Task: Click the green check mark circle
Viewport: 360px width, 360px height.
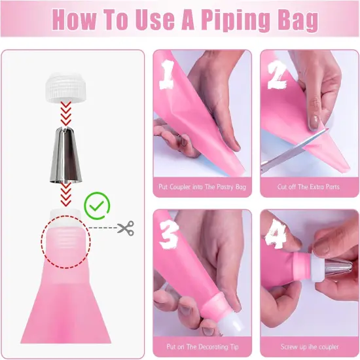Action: pyautogui.click(x=97, y=206)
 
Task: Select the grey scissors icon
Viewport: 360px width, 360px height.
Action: pyautogui.click(x=126, y=228)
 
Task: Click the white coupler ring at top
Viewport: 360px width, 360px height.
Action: pyautogui.click(x=65, y=88)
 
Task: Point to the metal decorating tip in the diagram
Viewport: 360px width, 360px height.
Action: pyautogui.click(x=66, y=155)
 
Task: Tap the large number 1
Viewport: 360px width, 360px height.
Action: pyautogui.click(x=167, y=74)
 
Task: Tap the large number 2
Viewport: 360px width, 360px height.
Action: pyautogui.click(x=278, y=75)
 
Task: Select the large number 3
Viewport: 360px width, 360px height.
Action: pyautogui.click(x=169, y=235)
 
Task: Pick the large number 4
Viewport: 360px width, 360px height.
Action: pyautogui.click(x=276, y=234)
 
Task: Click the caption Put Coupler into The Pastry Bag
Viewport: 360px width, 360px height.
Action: pyautogui.click(x=202, y=187)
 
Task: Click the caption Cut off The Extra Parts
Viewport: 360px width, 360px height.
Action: pyautogui.click(x=308, y=187)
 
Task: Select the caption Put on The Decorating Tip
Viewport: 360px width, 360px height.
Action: pyautogui.click(x=202, y=347)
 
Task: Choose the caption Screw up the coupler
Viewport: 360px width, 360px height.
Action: pyautogui.click(x=310, y=347)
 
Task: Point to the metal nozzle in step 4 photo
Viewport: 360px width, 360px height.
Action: pyautogui.click(x=339, y=268)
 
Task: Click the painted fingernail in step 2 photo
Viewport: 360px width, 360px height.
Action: pyautogui.click(x=314, y=122)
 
